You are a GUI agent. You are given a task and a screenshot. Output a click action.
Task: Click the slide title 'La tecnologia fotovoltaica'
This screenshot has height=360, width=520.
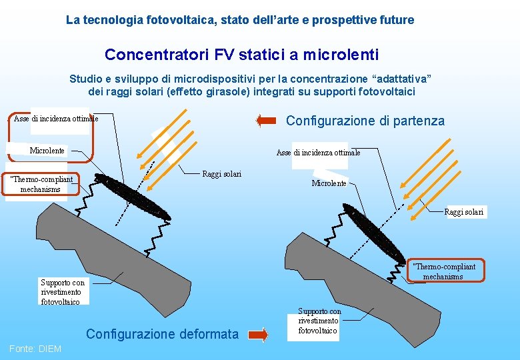pyautogui.click(x=240, y=20)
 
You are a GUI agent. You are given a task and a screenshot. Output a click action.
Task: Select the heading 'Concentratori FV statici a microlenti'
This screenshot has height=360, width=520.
pyautogui.click(x=241, y=54)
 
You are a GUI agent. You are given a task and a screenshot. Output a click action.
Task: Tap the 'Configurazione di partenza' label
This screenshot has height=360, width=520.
pyautogui.click(x=365, y=121)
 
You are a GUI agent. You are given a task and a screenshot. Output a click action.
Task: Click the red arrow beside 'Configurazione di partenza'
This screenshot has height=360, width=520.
pyautogui.click(x=266, y=121)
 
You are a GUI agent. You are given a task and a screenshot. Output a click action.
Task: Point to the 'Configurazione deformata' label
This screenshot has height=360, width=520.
pyautogui.click(x=162, y=334)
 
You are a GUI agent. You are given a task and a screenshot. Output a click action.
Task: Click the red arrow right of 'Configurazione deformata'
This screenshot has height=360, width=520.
pyautogui.click(x=257, y=334)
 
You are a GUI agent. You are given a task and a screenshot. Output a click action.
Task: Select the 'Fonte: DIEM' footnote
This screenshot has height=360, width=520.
pyautogui.click(x=35, y=349)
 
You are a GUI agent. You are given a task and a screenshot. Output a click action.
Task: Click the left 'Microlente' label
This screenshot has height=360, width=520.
pyautogui.click(x=47, y=151)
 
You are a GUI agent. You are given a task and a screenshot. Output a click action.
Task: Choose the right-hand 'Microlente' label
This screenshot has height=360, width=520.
pyautogui.click(x=329, y=183)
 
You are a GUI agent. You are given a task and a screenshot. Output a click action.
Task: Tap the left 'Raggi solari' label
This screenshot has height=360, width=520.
pyautogui.click(x=221, y=174)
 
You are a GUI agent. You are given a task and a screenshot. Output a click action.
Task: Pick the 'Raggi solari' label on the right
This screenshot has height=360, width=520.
pyautogui.click(x=464, y=212)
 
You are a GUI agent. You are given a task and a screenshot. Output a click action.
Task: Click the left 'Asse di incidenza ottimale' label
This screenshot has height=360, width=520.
pyautogui.click(x=56, y=119)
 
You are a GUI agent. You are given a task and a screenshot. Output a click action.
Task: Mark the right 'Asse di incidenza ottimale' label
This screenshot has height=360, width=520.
pyautogui.click(x=318, y=153)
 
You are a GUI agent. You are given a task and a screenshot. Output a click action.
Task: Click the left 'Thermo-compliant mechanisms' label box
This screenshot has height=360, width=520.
pyautogui.click(x=41, y=184)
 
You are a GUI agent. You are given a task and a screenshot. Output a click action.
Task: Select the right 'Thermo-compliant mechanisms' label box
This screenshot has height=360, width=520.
pyautogui.click(x=443, y=271)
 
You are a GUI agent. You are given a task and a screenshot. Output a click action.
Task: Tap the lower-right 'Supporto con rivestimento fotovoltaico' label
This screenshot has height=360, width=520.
pyautogui.click(x=319, y=321)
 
